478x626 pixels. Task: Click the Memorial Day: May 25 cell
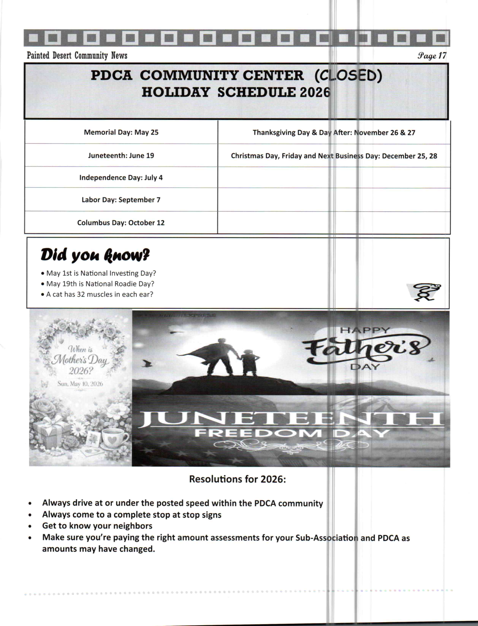click(121, 132)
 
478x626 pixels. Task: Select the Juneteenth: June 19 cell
click(121, 156)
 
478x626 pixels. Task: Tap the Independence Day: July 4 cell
click(121, 178)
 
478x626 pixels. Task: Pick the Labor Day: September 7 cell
click(121, 200)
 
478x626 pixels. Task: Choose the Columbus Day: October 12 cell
click(121, 223)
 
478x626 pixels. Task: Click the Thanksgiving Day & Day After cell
click(334, 133)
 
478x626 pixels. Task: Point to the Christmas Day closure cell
click(334, 156)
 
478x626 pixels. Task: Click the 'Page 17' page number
click(432, 56)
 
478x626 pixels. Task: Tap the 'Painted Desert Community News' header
click(77, 56)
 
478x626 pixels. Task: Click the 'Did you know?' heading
click(95, 255)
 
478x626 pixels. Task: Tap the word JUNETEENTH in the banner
click(290, 419)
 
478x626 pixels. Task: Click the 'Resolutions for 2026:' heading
click(237, 479)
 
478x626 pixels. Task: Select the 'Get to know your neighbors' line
click(97, 526)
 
